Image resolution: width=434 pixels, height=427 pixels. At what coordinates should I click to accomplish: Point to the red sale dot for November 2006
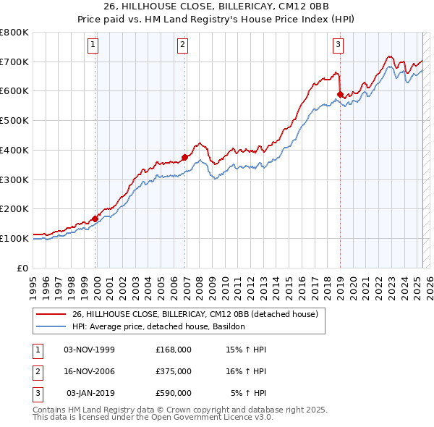pos(184,157)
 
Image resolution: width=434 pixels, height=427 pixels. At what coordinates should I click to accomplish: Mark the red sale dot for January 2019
pos(339,93)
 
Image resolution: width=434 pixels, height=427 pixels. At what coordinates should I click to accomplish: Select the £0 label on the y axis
pos(22,268)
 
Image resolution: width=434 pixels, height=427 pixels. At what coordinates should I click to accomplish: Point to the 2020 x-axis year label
pos(353,287)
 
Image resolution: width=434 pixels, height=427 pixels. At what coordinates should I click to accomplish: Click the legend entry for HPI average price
pos(158,326)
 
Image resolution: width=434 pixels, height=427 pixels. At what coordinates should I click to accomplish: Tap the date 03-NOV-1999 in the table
pos(90,350)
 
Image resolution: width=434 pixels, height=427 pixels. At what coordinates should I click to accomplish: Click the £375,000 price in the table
pos(174,371)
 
